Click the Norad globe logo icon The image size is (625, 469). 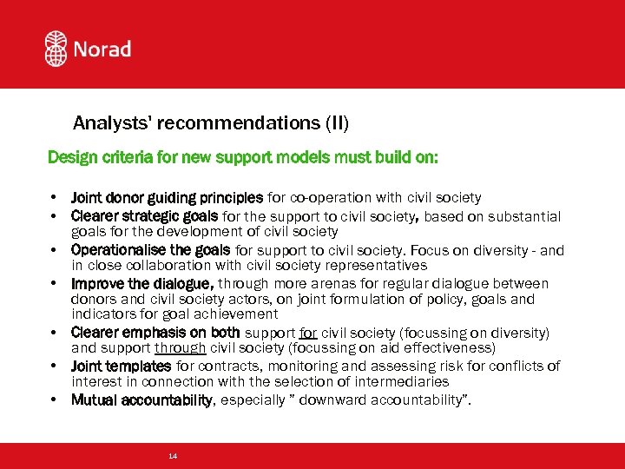[56, 49]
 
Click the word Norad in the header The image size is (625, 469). [103, 49]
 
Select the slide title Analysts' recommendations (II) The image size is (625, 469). [210, 123]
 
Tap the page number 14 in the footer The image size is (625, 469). [174, 456]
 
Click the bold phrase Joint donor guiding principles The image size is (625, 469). [167, 198]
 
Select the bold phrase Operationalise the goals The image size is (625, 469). [151, 250]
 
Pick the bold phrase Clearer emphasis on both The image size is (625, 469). [156, 332]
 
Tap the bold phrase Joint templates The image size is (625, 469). [121, 366]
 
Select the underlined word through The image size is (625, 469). [180, 347]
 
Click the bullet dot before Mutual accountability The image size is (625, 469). [54, 400]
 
